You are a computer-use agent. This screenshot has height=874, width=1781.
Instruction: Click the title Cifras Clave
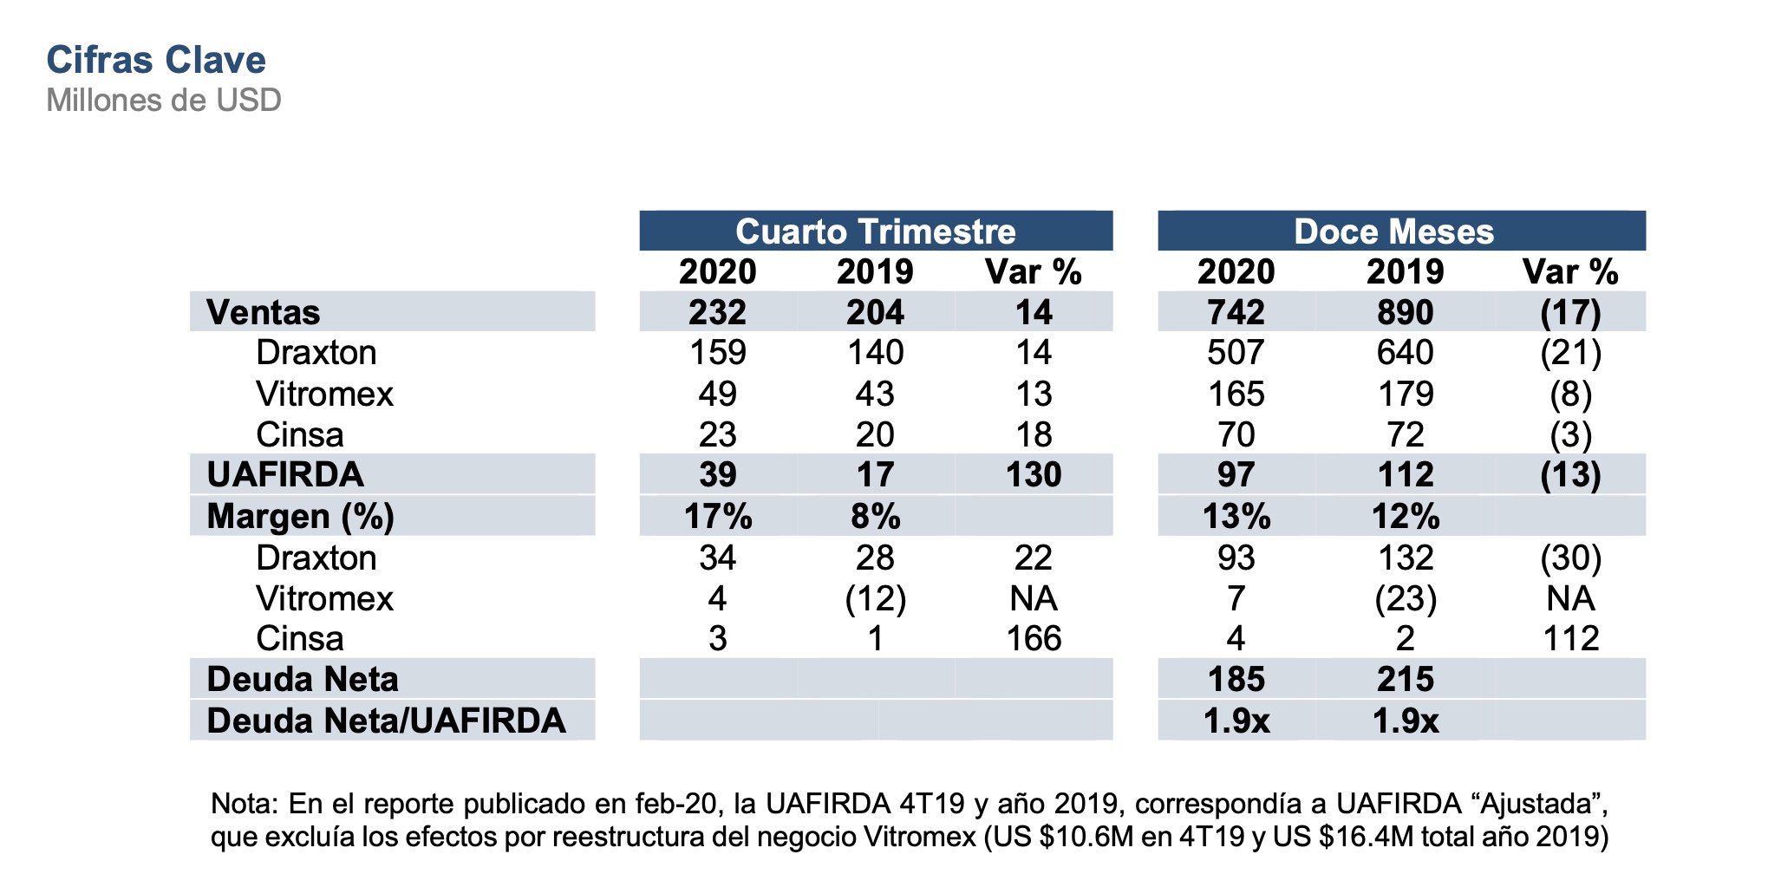click(x=156, y=60)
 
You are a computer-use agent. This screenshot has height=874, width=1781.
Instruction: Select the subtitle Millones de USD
click(x=164, y=101)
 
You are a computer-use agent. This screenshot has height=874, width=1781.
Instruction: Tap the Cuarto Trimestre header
click(x=876, y=232)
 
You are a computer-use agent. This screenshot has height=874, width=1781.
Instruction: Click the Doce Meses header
click(x=1393, y=232)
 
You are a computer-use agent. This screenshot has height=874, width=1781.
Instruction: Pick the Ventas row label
click(x=264, y=312)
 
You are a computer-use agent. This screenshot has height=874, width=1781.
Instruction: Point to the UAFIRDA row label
click(x=285, y=474)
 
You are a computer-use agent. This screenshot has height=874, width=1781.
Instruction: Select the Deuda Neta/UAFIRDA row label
click(x=386, y=721)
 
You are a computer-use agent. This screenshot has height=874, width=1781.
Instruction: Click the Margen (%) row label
click(x=300, y=516)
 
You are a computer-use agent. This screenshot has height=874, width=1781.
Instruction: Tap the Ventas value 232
click(x=717, y=312)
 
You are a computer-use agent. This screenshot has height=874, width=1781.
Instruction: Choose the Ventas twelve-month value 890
click(x=1405, y=312)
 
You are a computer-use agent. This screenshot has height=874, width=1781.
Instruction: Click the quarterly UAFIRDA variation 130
click(x=1034, y=474)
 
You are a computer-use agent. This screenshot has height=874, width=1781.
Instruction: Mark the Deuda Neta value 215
click(x=1405, y=679)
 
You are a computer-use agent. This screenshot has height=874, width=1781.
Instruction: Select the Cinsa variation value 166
click(x=1034, y=639)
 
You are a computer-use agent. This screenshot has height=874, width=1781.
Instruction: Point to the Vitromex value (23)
click(x=1405, y=598)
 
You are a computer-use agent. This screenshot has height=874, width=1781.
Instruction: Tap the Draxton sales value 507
click(x=1236, y=353)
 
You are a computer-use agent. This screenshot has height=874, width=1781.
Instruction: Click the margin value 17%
click(x=717, y=516)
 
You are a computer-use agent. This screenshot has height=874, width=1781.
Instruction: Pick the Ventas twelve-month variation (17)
click(x=1570, y=312)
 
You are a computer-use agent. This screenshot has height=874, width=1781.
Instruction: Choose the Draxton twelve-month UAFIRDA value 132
click(x=1405, y=558)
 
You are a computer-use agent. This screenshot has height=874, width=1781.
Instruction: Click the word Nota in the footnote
click(x=242, y=804)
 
